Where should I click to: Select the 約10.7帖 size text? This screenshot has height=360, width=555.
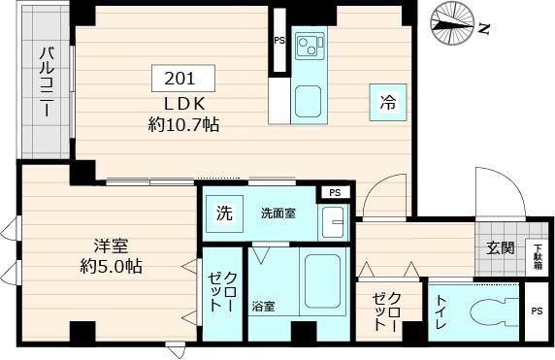[x=182, y=123]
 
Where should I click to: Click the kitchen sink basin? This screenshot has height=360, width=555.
[x=309, y=99]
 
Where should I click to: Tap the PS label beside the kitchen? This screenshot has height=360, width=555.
[x=279, y=41]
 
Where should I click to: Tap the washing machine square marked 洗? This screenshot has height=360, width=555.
[x=224, y=213]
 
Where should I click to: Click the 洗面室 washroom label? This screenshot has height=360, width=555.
[x=277, y=213]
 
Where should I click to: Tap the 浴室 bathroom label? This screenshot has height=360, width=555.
[x=263, y=306]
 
